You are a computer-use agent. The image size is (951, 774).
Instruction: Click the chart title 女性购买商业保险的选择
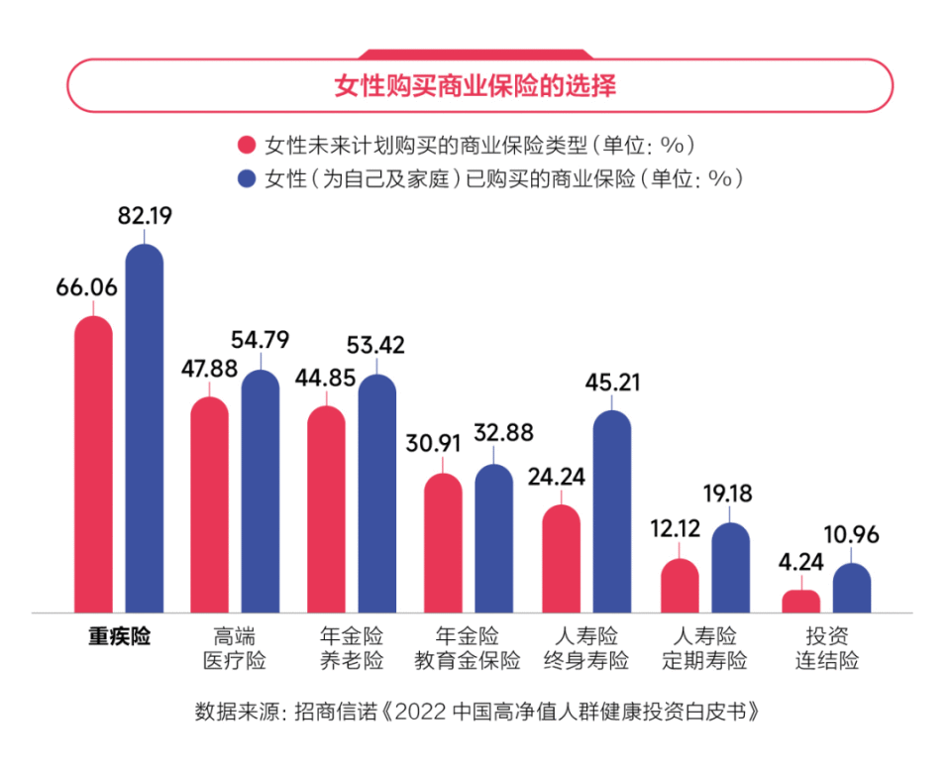click(x=475, y=86)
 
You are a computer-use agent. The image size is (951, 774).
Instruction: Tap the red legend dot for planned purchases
click(x=247, y=145)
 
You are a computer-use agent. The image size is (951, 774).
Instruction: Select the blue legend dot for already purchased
click(x=247, y=178)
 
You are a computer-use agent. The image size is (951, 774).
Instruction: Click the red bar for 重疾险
click(x=94, y=466)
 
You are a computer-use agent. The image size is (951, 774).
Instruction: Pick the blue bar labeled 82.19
click(x=144, y=431)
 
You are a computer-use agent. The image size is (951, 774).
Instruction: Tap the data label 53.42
click(x=375, y=346)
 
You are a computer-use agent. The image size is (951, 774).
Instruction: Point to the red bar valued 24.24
click(x=561, y=559)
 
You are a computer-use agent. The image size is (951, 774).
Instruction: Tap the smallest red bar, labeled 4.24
click(x=800, y=601)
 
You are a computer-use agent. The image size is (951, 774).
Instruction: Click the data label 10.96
click(x=851, y=536)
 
